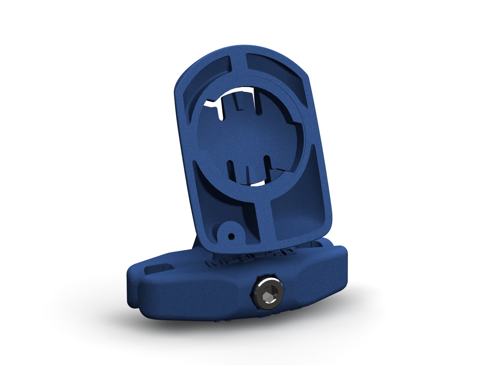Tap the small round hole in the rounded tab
[x=231, y=235]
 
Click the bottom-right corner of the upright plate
[x=327, y=229]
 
